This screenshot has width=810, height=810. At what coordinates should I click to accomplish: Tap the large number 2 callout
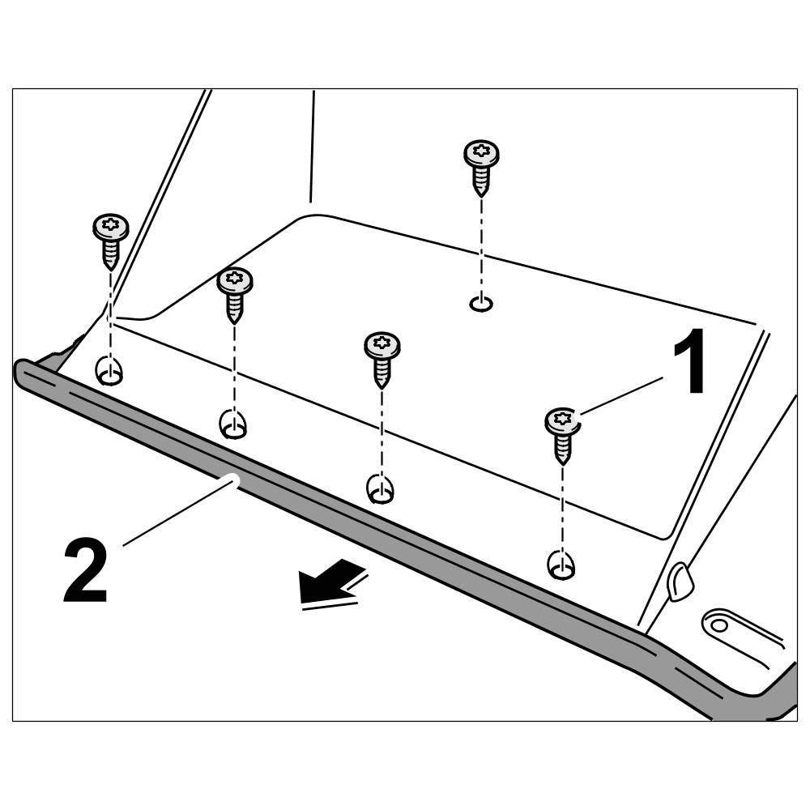[x=85, y=573]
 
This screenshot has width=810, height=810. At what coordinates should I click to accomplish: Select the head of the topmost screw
[x=481, y=153]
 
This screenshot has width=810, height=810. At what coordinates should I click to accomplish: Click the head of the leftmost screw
[x=111, y=227]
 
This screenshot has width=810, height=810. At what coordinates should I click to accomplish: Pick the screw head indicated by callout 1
[x=563, y=421]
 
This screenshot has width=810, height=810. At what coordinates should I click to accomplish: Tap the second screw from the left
[x=235, y=281]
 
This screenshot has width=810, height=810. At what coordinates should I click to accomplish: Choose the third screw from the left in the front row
[x=382, y=347]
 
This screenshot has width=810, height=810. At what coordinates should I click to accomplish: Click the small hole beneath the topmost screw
[x=480, y=304]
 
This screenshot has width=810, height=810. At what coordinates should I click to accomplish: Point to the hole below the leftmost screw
[x=109, y=373]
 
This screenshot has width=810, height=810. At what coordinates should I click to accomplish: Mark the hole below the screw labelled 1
[x=561, y=565]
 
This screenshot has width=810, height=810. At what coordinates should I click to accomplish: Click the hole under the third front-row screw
[x=379, y=488]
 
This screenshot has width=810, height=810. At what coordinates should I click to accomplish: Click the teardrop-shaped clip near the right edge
[x=679, y=580]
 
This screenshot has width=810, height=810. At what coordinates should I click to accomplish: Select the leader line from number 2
[x=178, y=510]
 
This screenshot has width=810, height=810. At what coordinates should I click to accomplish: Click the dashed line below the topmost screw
[x=481, y=243]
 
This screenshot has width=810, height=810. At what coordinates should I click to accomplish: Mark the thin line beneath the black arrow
[x=328, y=603]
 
